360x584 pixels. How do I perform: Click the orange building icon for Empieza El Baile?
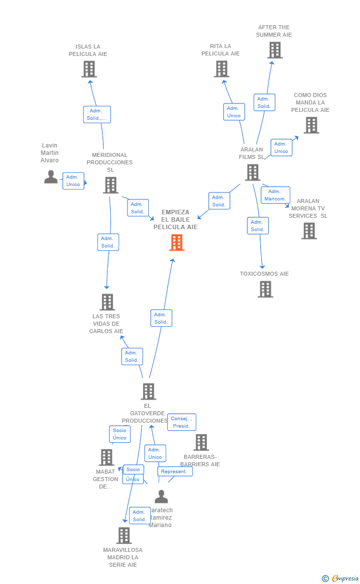[177, 243]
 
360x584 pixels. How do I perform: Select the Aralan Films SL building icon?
[253, 172]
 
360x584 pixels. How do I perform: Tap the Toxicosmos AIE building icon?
[266, 289]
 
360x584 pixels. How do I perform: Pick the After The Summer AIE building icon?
[274, 50]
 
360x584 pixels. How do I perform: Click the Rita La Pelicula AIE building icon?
[222, 69]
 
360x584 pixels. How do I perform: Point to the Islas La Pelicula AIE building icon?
[89, 69]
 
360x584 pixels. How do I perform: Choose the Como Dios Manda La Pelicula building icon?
[311, 125]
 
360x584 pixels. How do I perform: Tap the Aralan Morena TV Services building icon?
[309, 231]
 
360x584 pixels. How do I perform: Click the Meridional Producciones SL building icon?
[111, 185]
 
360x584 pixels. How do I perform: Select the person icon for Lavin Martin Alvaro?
[50, 177]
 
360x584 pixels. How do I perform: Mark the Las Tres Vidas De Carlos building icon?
[107, 302]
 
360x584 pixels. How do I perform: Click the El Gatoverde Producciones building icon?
[148, 391]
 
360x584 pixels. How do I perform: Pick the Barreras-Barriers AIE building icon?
[201, 442]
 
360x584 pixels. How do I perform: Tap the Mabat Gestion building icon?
[106, 457]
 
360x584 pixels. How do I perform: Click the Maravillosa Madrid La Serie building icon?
[124, 535]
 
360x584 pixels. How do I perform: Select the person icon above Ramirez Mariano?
[161, 496]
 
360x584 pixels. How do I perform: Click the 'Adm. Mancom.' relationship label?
[275, 195]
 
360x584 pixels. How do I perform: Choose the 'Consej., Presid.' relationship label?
[181, 422]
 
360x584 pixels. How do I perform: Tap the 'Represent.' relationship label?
[175, 472]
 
